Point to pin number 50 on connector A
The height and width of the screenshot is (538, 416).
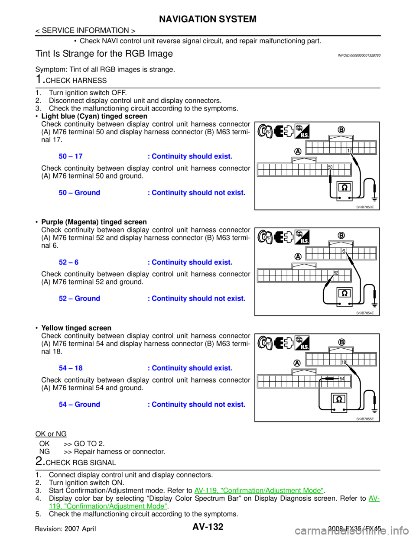(x=330, y=167)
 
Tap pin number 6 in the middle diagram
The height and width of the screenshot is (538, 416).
(x=343, y=251)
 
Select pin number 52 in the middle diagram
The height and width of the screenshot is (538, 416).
(x=336, y=272)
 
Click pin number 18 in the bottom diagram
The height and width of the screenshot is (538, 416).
(x=344, y=362)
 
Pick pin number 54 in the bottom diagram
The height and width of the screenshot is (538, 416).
(x=342, y=379)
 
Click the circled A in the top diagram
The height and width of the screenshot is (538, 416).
(x=298, y=151)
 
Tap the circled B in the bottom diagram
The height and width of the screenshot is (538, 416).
(x=341, y=342)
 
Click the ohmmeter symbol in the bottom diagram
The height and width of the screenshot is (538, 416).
(x=338, y=399)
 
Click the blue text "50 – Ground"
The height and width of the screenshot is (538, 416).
(x=80, y=192)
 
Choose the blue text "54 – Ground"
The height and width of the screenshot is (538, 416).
(x=80, y=405)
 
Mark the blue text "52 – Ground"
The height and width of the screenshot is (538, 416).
(x=80, y=299)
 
